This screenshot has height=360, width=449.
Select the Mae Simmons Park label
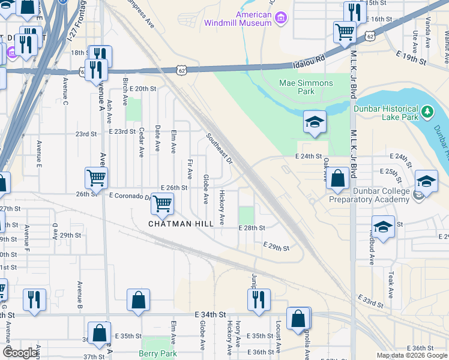pos(306,88)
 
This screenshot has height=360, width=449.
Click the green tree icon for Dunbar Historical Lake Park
pos(427,111)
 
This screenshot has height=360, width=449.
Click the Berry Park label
pos(158,354)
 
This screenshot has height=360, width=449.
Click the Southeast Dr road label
pos(220,148)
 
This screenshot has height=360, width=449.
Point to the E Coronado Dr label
pos(129,196)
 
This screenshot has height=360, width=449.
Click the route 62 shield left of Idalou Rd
pos(181,70)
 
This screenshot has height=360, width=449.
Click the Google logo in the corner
pos(21,353)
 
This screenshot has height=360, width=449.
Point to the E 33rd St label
pos(371,301)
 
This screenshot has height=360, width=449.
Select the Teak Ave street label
pos(390,285)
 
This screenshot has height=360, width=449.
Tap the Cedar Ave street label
pos(142,142)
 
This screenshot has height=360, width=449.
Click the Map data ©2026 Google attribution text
pos(412,355)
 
